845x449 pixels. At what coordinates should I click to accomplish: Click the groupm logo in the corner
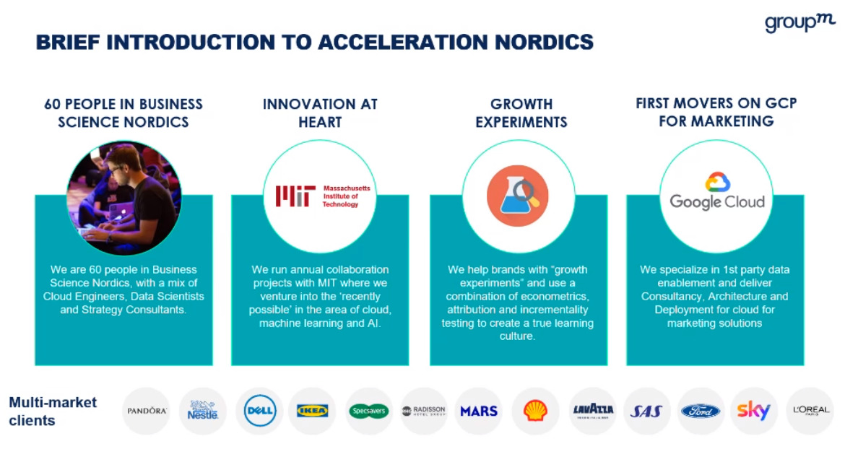(799, 22)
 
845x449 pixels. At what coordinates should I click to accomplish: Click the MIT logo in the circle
(322, 196)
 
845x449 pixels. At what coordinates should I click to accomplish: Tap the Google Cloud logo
(716, 191)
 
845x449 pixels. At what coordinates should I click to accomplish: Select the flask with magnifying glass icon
(517, 196)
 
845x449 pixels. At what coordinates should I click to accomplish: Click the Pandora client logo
(147, 411)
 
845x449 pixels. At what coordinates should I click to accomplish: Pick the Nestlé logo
(203, 410)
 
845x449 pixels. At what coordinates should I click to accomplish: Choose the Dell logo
(259, 411)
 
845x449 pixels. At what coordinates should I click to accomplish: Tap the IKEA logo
(312, 411)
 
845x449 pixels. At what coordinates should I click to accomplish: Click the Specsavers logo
(368, 411)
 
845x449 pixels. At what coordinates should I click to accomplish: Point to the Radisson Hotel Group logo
(423, 411)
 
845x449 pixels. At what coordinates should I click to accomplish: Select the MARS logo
(479, 411)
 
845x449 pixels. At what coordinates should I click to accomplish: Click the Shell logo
(535, 411)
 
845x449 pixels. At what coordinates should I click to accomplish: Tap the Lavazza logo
(592, 411)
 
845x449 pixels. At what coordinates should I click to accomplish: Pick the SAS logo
(646, 411)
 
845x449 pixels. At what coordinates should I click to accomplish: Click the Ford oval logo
(701, 411)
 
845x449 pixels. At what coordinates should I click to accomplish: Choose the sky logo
(753, 411)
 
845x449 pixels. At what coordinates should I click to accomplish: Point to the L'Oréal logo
(810, 410)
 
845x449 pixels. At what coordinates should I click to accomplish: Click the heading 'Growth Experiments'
(521, 113)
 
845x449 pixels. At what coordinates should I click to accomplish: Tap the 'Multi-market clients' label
(53, 411)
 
